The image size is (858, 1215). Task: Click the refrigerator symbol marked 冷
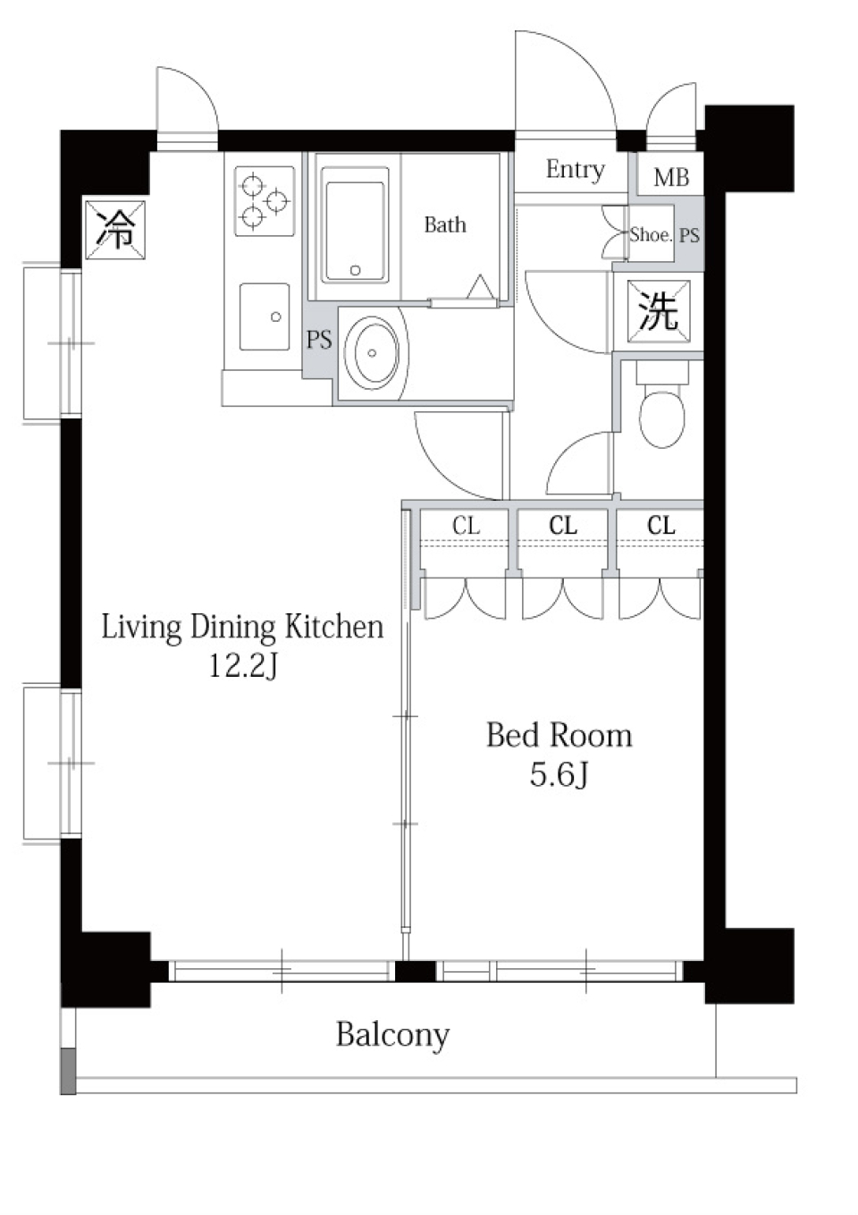pos(115,230)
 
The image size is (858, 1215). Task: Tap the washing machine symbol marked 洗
pos(659,311)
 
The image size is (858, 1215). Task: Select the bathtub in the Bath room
pos(355,224)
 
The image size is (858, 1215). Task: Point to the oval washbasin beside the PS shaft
pos(372,353)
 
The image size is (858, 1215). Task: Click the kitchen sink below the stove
pos(265,316)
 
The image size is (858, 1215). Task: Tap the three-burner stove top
pos(265,200)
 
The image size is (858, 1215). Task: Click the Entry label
pos(575,171)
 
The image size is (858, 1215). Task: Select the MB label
pos(671,178)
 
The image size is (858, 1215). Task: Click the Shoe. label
pos(651,234)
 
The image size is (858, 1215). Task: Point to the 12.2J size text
pos(243,667)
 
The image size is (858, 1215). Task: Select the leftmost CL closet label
pos(466,526)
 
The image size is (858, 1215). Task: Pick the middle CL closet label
pos(562,526)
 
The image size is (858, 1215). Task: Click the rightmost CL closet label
pos(661,526)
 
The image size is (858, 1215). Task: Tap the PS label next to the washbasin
pos(319,340)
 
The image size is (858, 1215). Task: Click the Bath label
pos(445,224)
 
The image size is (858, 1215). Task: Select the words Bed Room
pos(559,736)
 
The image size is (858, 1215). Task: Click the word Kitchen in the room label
pos(334,627)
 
